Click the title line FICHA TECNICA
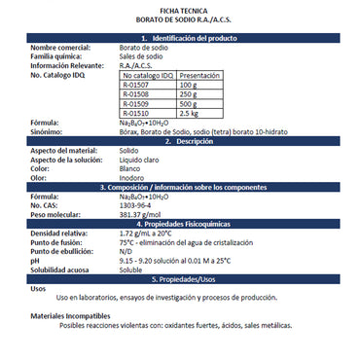(180, 8)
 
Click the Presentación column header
(199, 75)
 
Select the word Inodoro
(135, 179)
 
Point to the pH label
(34, 262)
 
